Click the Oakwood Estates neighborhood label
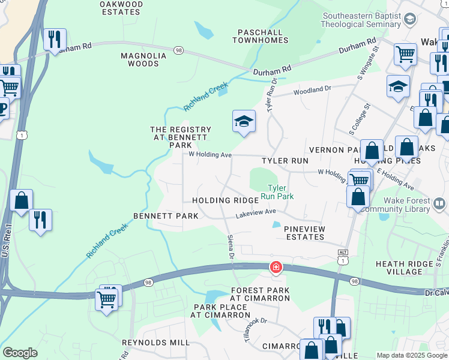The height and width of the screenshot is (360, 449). (x=121, y=8)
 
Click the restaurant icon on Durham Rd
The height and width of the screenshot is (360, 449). (x=55, y=40)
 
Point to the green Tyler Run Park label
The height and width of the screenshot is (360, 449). (x=280, y=191)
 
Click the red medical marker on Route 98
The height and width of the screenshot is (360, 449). (x=276, y=267)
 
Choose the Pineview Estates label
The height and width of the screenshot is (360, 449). (x=304, y=233)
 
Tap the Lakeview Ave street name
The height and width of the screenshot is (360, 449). (x=255, y=213)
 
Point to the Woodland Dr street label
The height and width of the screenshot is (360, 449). (x=312, y=90)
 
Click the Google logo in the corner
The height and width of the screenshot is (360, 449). (x=20, y=353)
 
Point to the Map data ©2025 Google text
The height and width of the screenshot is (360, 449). (x=411, y=355)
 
